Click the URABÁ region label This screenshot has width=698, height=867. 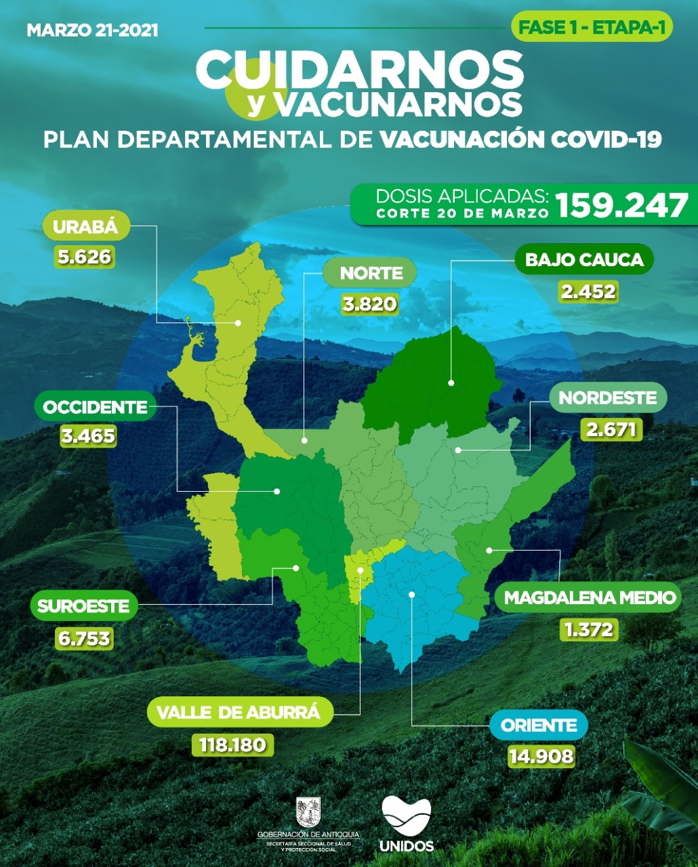pos(85,227)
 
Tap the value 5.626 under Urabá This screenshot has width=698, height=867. pos(85,257)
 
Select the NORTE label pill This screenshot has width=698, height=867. pos(371,273)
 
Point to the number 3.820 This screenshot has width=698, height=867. pos(369,304)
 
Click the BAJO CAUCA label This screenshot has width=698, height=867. pos(584,259)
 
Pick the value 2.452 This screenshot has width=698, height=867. pos(588,292)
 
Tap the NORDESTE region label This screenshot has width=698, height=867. pos(608,398)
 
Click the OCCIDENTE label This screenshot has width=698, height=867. pos(95,407)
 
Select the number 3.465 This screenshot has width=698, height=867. pos(88,436)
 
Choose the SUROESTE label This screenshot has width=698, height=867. pos(83,606)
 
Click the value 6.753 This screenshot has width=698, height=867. pos(84,638)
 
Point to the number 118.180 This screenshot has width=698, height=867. pos(232,745)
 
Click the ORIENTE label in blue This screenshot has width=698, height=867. pos(539,725)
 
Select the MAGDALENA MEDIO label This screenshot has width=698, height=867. pos(590,597)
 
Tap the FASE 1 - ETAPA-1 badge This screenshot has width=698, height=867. pos(592,28)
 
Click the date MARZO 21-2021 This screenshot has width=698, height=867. pos(92,30)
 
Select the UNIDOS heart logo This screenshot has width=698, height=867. pos(407,815)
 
